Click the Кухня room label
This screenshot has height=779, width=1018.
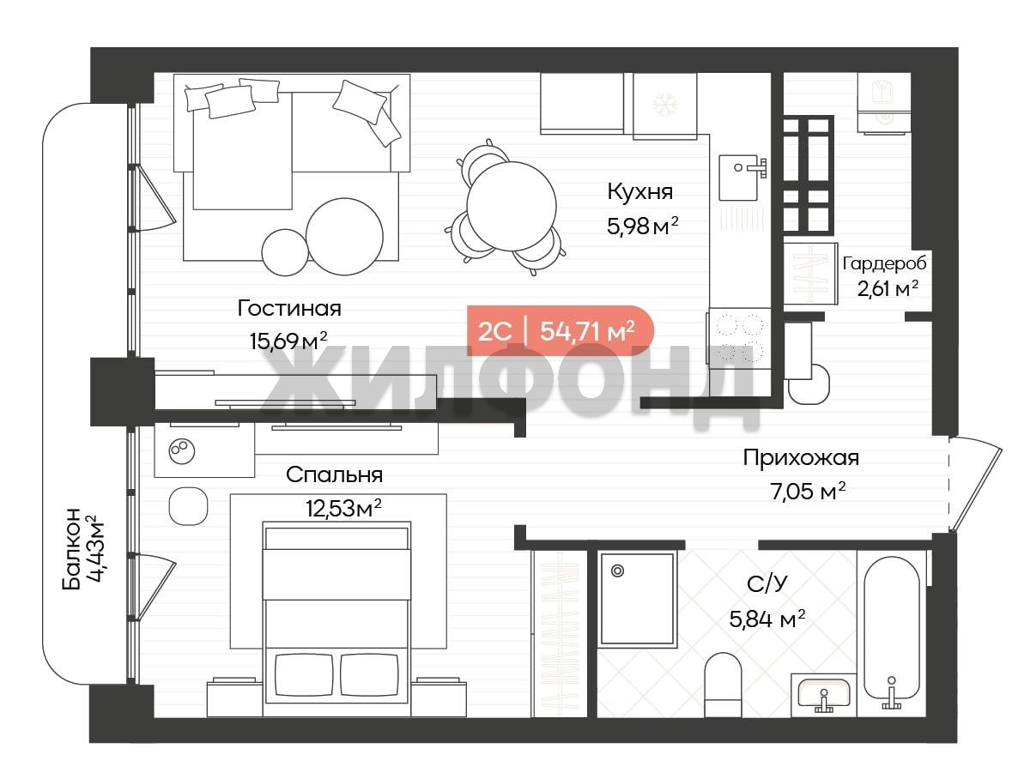640,191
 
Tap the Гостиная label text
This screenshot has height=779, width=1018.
289,308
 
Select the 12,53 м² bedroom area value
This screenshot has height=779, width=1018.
343,508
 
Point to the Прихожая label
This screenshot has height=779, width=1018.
801,457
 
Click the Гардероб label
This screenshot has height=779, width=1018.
884,263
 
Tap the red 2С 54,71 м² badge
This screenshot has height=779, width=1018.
561,331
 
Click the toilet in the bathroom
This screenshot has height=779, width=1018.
724,685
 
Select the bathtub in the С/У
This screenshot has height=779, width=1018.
892,633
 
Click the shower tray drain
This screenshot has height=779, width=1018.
617,571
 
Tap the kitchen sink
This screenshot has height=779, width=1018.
739,178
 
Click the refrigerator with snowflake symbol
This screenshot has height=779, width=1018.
664,106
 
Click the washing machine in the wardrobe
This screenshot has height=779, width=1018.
883,103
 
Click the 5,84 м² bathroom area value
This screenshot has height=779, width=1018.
767,619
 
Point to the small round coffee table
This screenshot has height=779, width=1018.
284,252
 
